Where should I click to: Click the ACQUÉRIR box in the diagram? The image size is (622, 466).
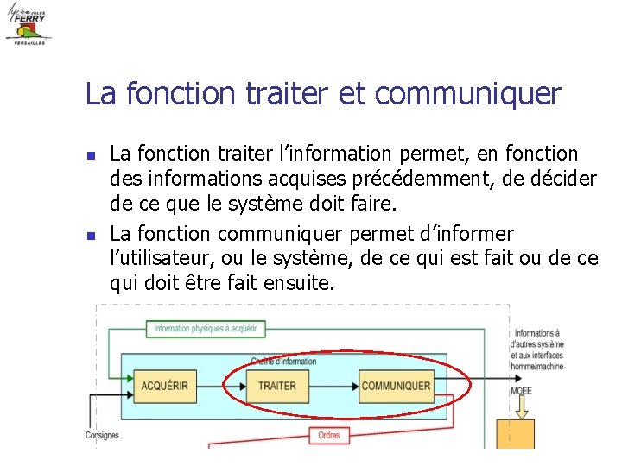(164, 386)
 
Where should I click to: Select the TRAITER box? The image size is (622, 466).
(277, 386)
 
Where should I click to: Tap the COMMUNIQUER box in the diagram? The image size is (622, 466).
(396, 386)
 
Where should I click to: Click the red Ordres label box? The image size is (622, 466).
(328, 436)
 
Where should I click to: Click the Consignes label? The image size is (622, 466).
(102, 436)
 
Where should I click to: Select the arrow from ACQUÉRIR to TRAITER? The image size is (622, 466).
(221, 386)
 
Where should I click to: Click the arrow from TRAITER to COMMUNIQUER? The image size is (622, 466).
(332, 386)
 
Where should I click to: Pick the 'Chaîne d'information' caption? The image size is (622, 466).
(283, 361)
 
